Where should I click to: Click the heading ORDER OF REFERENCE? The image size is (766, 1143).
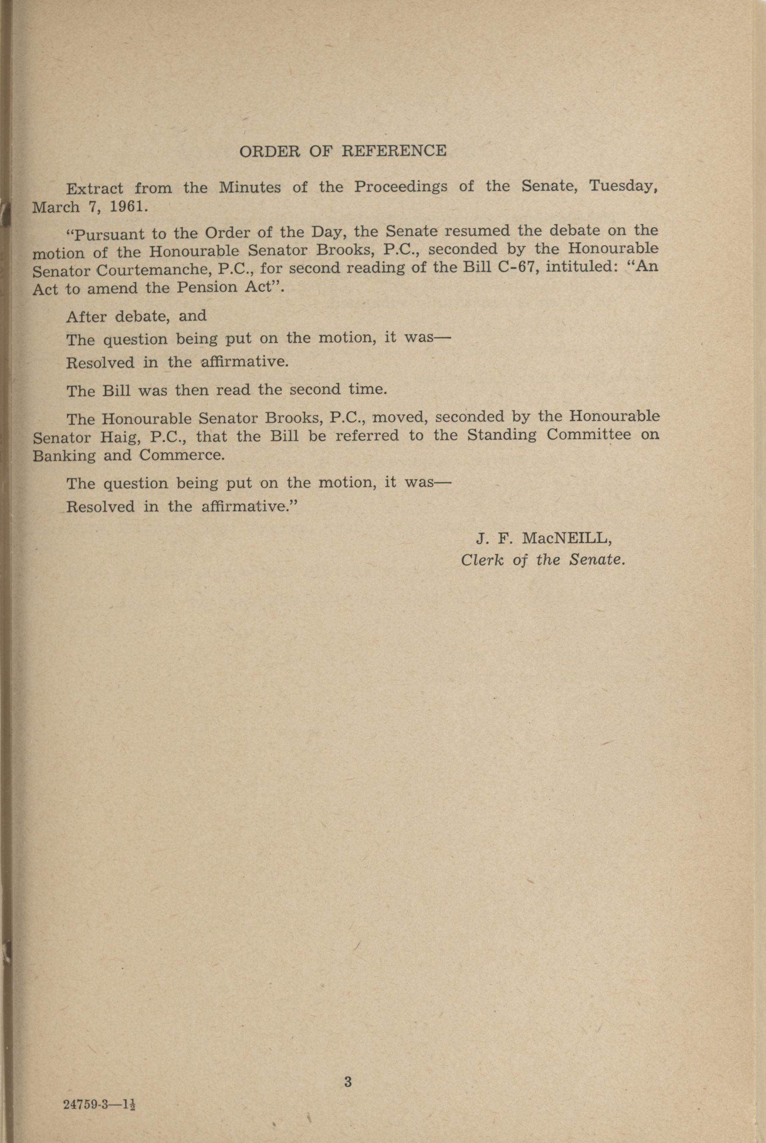click(x=343, y=151)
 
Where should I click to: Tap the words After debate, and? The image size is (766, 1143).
click(x=136, y=316)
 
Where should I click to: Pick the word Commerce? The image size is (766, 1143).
click(x=182, y=455)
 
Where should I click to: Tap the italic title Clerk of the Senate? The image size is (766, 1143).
click(x=542, y=560)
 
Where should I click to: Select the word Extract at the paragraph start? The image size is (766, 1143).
click(x=95, y=189)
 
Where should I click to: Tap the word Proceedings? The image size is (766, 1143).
click(x=400, y=187)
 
